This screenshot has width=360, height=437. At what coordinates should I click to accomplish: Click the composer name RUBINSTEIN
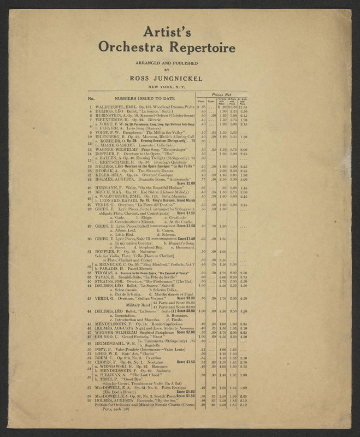click(112, 115)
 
